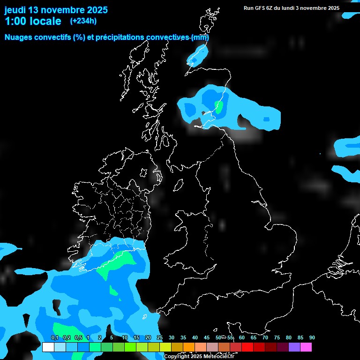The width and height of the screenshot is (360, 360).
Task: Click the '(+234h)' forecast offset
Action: coord(83,21)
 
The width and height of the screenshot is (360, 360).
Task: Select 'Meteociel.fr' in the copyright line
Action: coord(218,357)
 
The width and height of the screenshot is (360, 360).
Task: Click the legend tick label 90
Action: coord(312,337)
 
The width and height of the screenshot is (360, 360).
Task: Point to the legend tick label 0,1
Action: coord(54,337)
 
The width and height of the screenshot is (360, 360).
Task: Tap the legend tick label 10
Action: coord(125,337)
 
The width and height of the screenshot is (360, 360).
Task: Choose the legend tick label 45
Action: coord(207,337)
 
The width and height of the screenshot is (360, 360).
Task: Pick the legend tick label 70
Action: coord(265,337)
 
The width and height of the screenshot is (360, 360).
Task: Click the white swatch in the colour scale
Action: coord(48,347)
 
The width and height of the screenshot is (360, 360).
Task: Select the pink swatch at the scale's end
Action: coord(306,347)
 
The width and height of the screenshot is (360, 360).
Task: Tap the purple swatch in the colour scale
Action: coord(294,347)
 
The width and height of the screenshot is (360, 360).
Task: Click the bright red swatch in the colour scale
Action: coord(247,347)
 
